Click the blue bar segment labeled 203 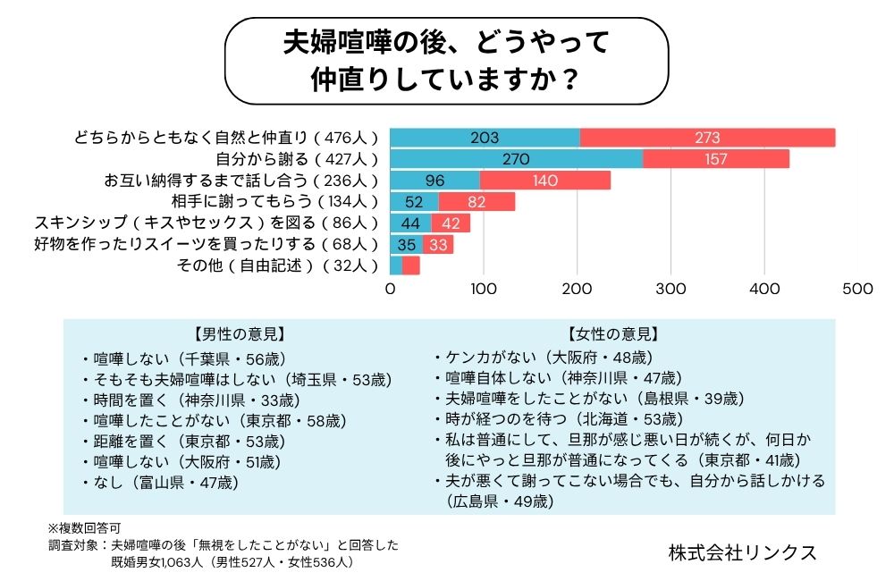(485, 138)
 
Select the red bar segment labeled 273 (707, 138)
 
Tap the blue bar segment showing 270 (516, 159)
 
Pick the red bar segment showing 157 (716, 159)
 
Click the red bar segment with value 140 (545, 181)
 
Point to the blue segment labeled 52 (414, 202)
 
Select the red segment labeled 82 (477, 202)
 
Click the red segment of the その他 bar (411, 265)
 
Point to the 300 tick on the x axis (671, 290)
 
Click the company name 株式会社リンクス (742, 552)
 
